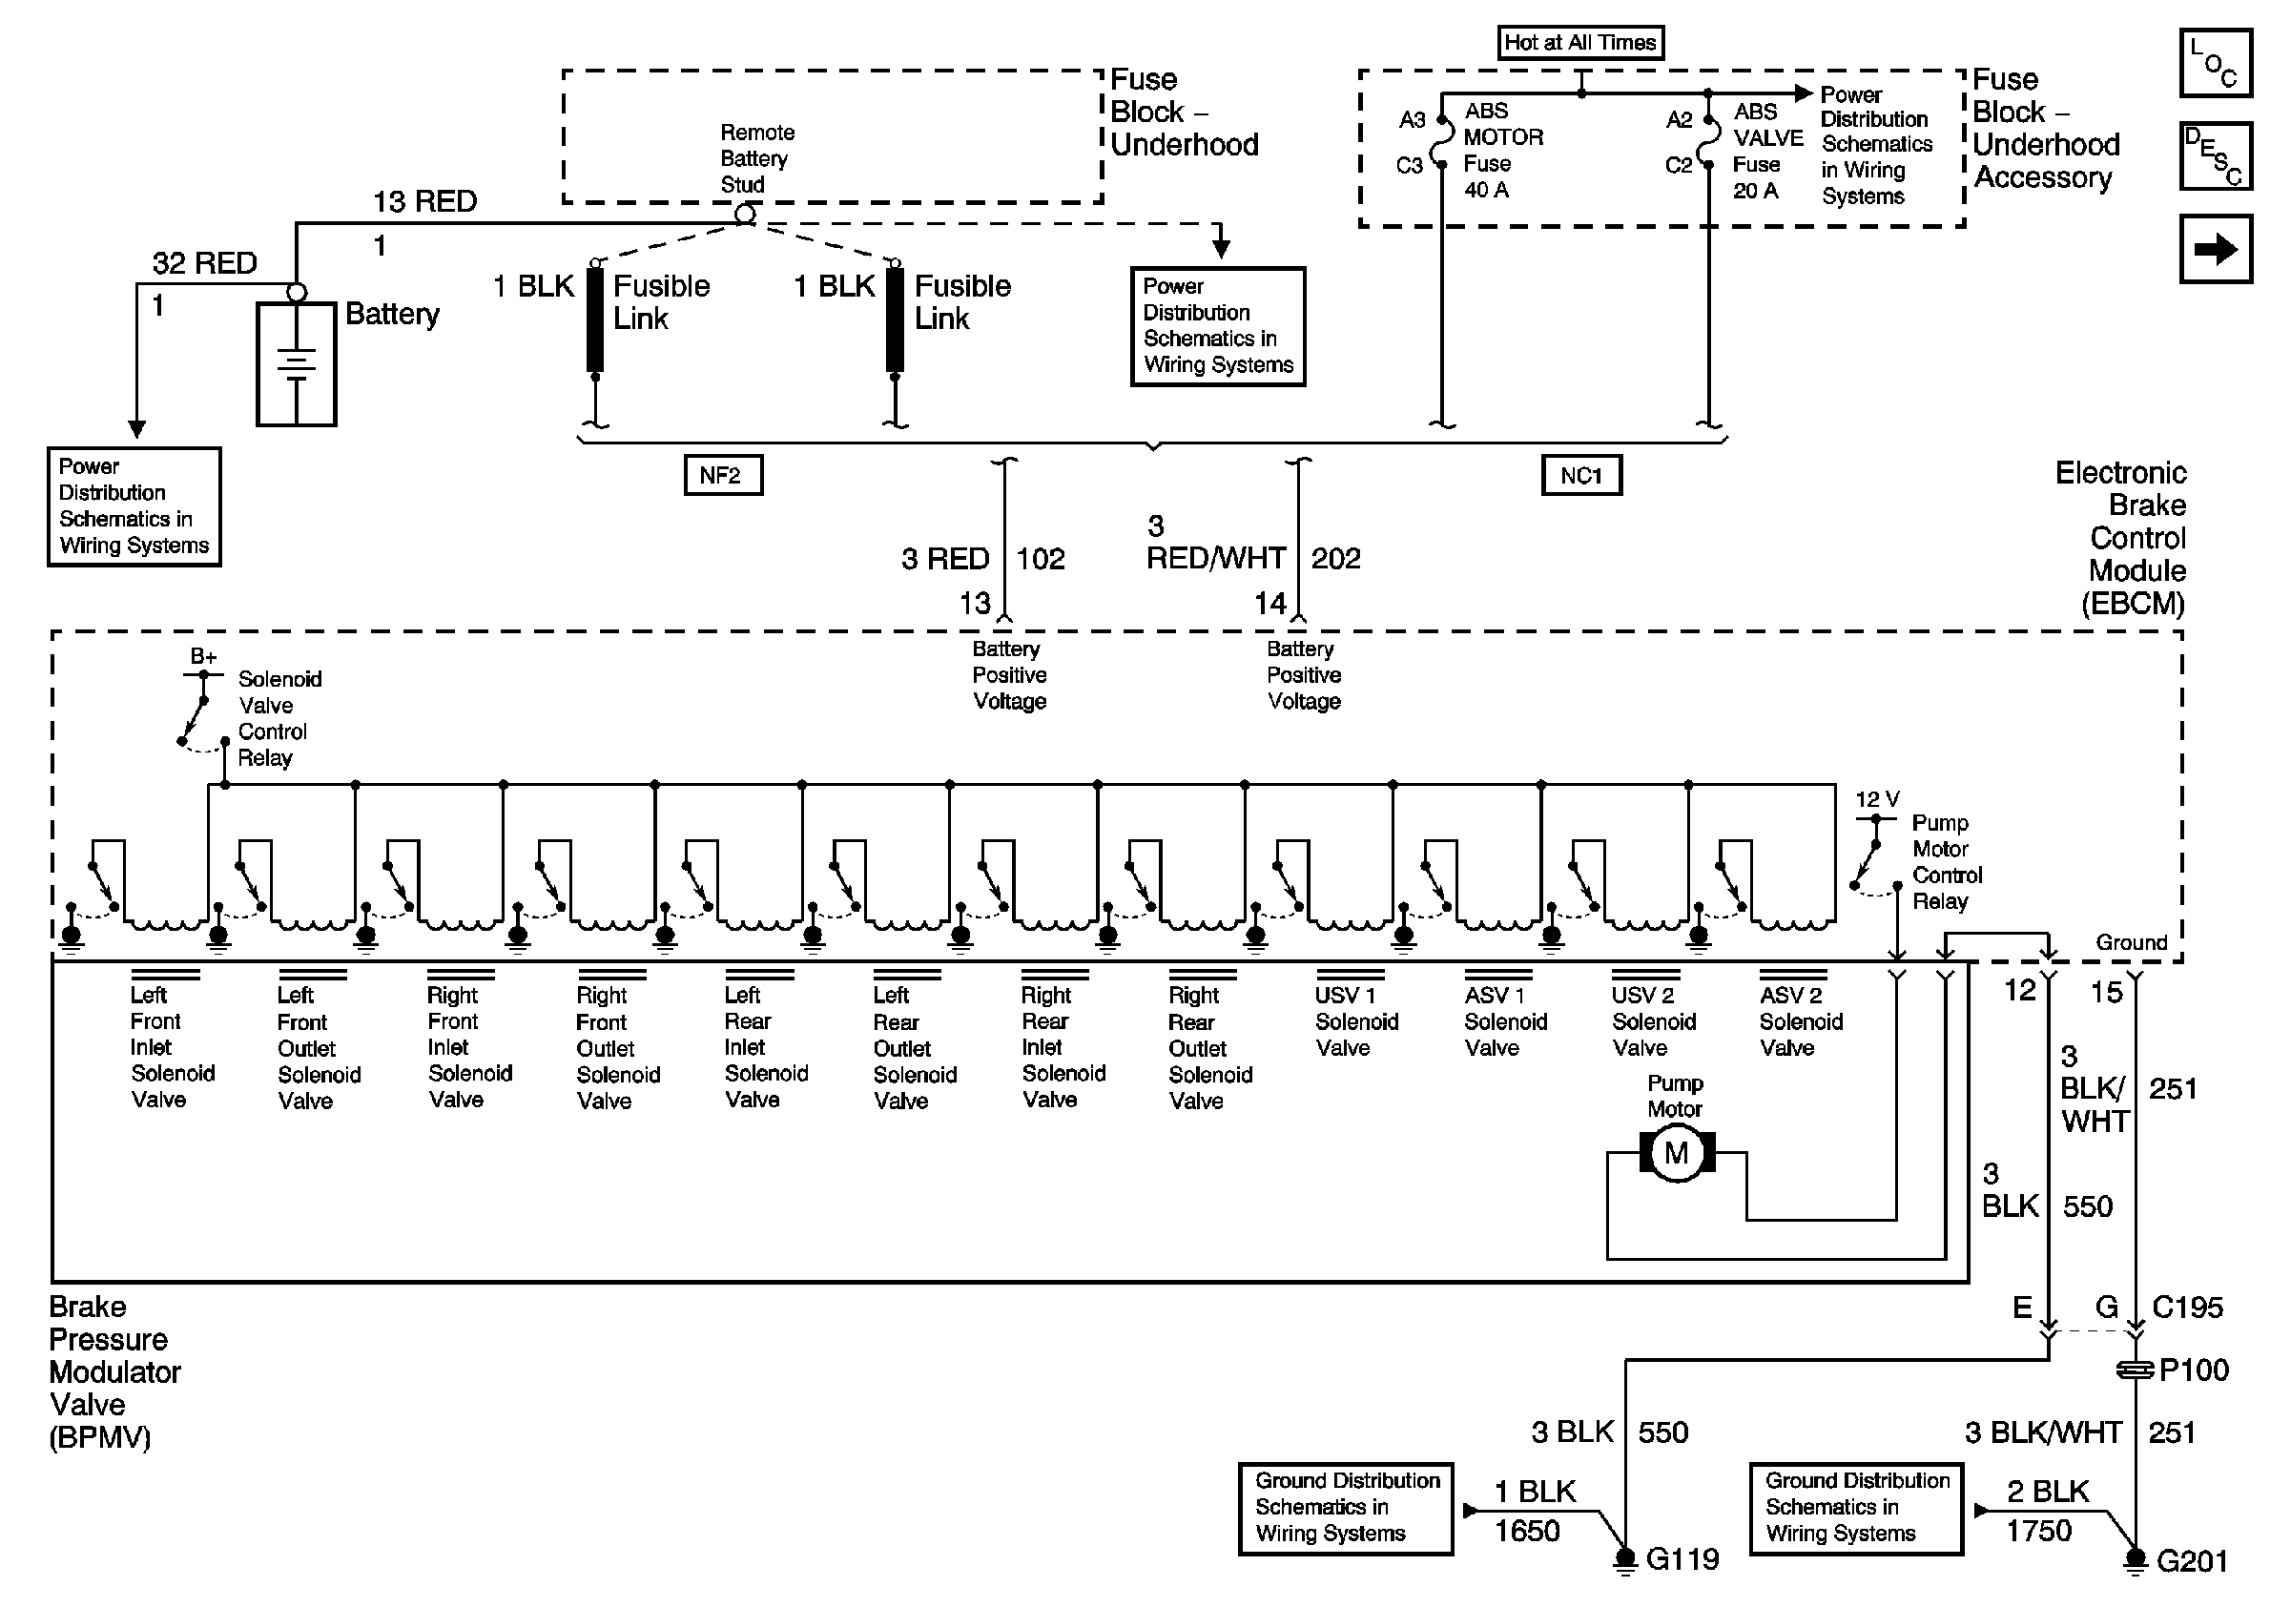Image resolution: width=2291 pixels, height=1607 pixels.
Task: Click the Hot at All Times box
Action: click(x=1579, y=43)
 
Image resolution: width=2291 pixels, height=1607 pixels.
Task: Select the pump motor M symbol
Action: click(x=1677, y=1153)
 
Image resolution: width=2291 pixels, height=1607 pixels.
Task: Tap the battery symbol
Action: click(x=296, y=364)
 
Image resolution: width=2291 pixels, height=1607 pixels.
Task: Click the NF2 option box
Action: click(x=722, y=475)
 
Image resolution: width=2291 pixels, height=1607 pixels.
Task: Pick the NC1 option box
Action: click(x=1580, y=475)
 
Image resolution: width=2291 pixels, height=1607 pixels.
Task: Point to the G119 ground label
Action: click(x=1682, y=1559)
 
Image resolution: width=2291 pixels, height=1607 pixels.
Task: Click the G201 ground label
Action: click(x=2192, y=1561)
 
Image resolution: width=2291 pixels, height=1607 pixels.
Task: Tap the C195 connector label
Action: click(x=2187, y=1308)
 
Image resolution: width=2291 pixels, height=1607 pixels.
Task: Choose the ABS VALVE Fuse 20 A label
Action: click(x=1767, y=152)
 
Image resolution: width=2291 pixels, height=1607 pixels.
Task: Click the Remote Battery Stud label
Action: click(x=756, y=158)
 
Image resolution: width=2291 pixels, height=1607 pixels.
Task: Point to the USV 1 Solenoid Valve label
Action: click(x=1356, y=1021)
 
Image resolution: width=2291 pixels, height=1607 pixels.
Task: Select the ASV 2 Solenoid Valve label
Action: click(x=1800, y=1021)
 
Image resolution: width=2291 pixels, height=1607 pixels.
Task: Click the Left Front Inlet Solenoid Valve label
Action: click(x=172, y=1047)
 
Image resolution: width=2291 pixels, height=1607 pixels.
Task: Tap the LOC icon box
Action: click(x=2215, y=63)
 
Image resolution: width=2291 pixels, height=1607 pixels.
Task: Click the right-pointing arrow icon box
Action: click(x=2215, y=249)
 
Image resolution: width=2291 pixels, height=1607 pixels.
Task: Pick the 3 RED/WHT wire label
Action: click(x=1214, y=543)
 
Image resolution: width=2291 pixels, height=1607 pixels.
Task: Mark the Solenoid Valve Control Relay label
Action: click(x=272, y=718)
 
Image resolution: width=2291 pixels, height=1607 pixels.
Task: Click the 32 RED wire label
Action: click(x=204, y=263)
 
